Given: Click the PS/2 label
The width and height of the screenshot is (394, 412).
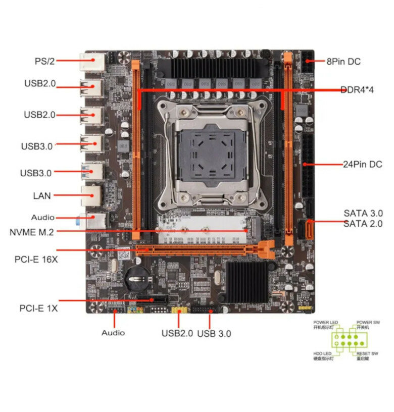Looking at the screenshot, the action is [x=44, y=61].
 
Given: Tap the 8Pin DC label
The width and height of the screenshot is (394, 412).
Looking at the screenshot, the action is [x=343, y=62].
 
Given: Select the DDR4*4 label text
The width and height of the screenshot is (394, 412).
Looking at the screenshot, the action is [x=357, y=90].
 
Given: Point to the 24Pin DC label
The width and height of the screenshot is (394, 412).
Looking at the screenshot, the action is [x=362, y=164].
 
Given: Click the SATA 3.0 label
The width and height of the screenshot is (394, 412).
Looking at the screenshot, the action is [x=363, y=213].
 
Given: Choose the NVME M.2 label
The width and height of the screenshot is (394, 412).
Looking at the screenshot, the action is [x=31, y=232].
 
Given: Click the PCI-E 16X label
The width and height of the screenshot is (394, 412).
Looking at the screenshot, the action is [x=35, y=260].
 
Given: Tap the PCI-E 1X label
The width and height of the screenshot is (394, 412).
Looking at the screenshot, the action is [x=38, y=307].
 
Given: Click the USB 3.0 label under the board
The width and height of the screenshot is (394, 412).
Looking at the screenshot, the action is [x=214, y=333].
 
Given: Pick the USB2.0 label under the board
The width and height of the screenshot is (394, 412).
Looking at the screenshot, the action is [x=177, y=333].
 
